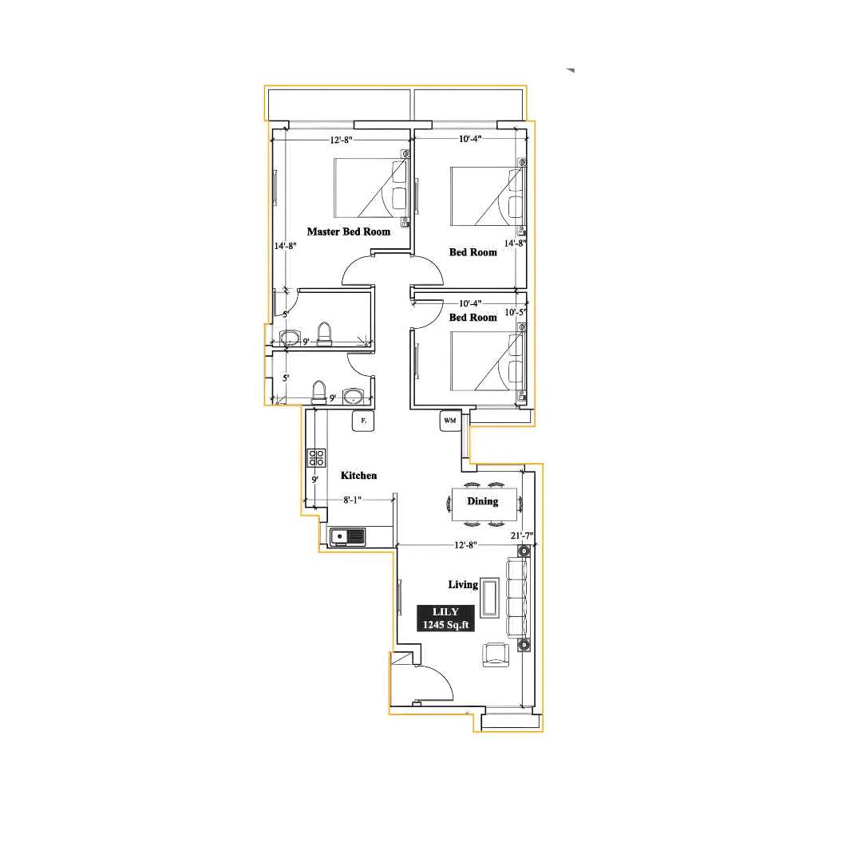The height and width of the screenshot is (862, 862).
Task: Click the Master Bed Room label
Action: click(349, 232)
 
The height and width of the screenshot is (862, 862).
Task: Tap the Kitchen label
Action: click(358, 476)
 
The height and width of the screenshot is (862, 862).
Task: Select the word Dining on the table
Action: click(482, 501)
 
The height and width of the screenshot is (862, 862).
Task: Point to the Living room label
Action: click(463, 585)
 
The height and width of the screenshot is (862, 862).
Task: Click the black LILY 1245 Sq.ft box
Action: click(445, 619)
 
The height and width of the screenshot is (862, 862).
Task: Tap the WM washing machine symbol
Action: click(450, 421)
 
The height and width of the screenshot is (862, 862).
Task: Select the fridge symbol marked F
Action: click(363, 421)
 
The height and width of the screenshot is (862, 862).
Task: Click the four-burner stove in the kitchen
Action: click(316, 458)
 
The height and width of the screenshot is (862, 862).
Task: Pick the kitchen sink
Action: click(347, 536)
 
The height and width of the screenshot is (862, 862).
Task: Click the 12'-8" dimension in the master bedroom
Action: click(341, 140)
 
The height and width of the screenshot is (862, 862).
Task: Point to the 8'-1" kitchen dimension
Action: click(353, 500)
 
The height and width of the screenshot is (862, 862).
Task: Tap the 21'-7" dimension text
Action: click(522, 536)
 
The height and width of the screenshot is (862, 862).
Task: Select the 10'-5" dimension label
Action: click(515, 312)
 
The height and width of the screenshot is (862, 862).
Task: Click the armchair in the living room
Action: click(496, 654)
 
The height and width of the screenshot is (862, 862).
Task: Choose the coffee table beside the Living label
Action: click(490, 598)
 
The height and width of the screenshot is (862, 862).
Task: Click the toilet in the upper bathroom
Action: click(324, 334)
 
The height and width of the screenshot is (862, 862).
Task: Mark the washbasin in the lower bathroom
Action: click(353, 396)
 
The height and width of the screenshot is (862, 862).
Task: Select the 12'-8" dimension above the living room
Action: click(465, 545)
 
